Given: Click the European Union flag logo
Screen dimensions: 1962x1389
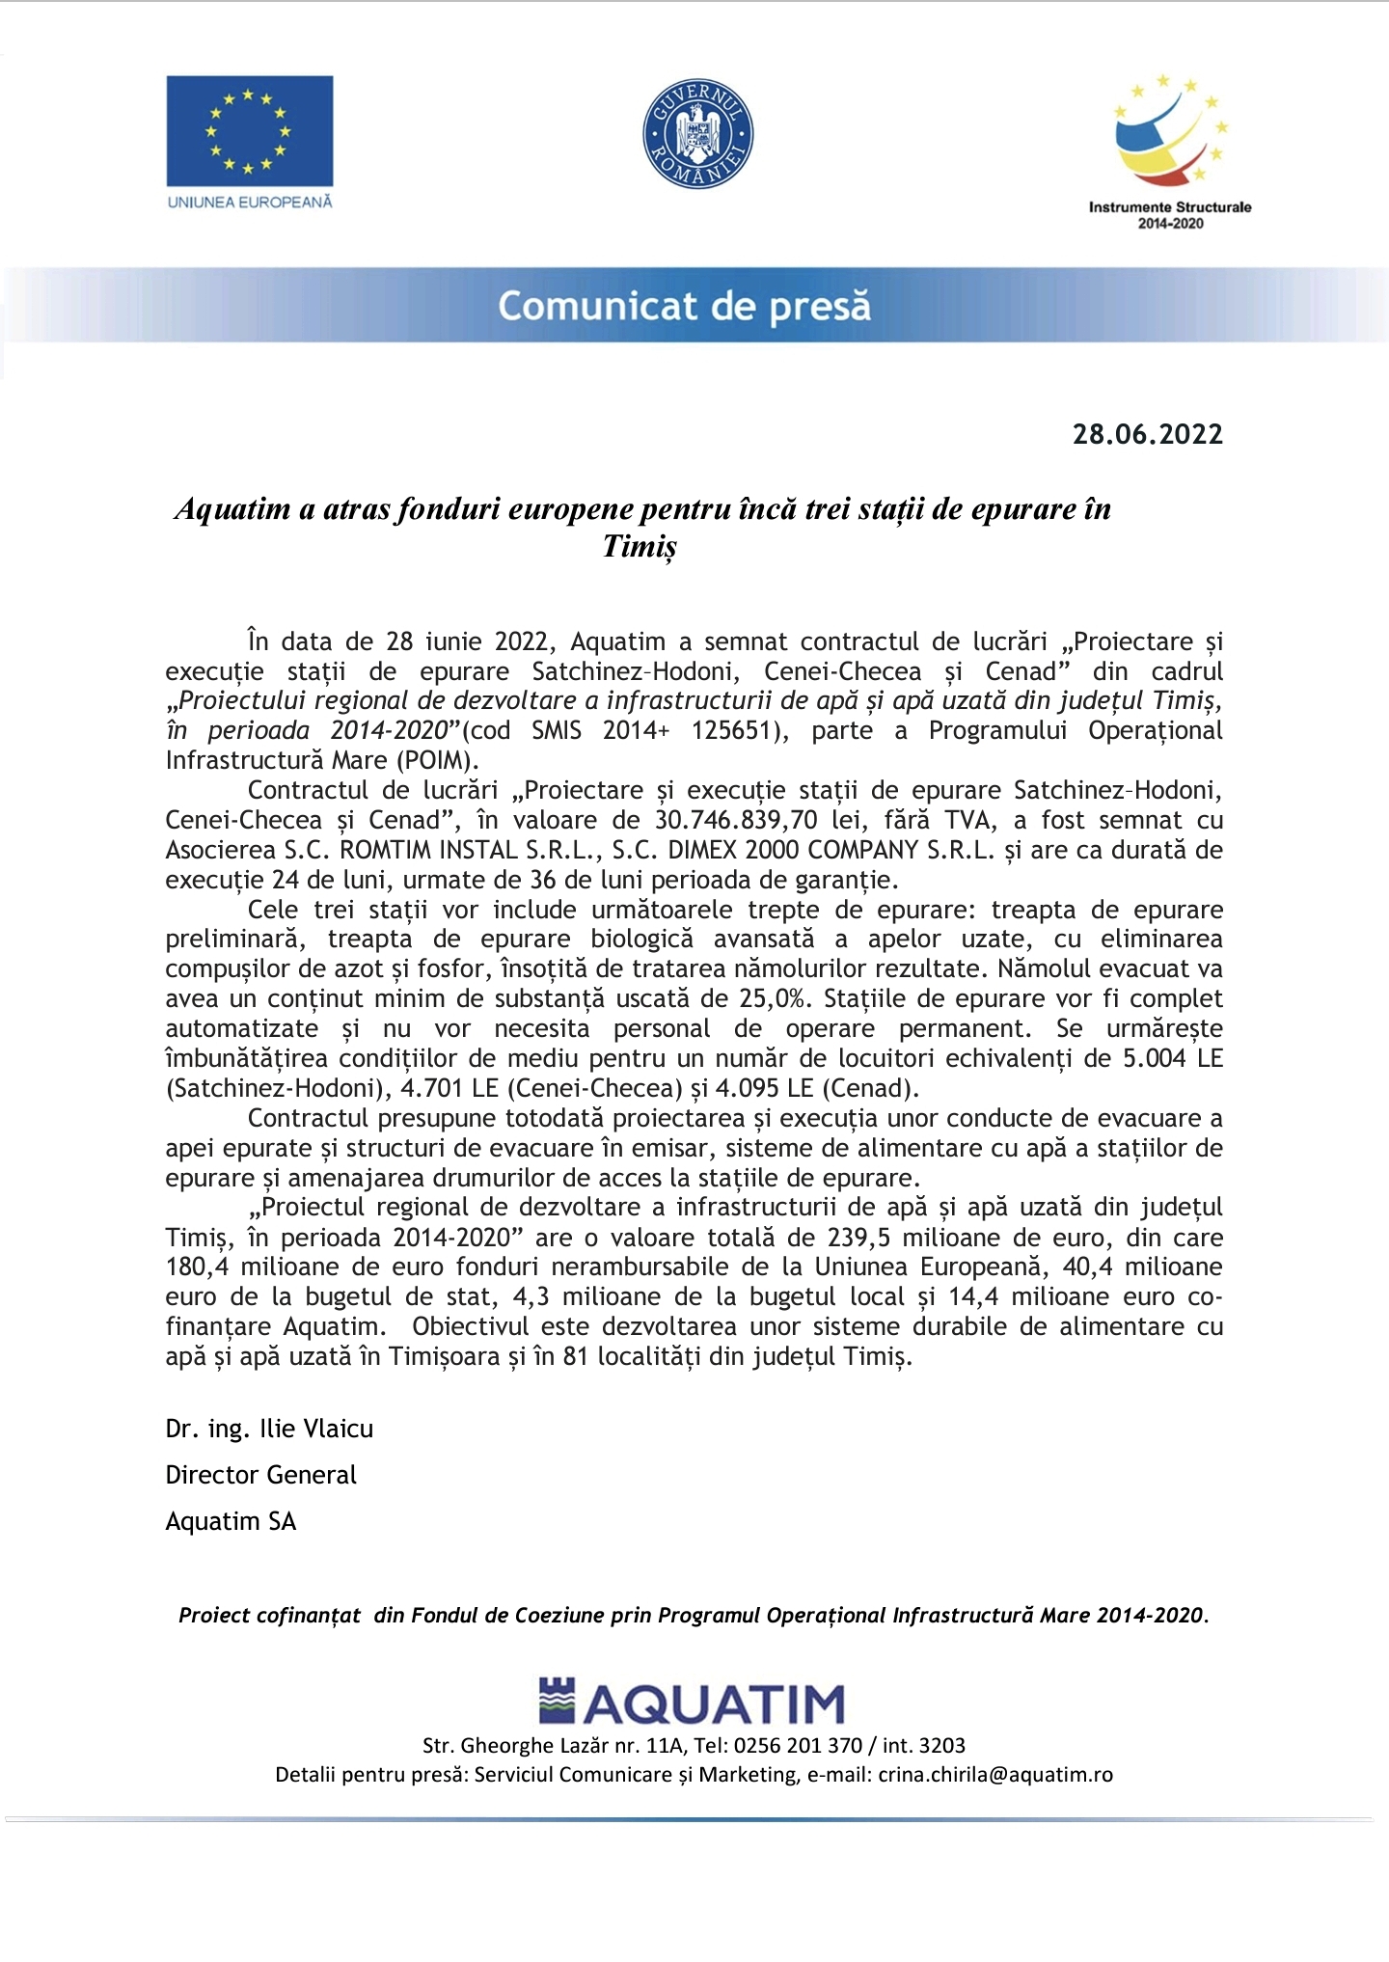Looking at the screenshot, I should (x=249, y=131).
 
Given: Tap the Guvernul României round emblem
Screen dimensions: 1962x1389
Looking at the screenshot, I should (x=697, y=134).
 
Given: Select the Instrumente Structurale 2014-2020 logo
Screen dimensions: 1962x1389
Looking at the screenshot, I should (x=1169, y=150).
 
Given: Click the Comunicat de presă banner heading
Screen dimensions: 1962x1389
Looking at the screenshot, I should (x=684, y=306).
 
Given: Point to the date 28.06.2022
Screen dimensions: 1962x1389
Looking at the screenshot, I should (x=1147, y=434).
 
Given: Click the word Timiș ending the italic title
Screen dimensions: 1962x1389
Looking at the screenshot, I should (x=640, y=547).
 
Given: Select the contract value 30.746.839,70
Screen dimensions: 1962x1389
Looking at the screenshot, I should (x=736, y=821).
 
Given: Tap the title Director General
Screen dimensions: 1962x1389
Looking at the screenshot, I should (x=260, y=1475).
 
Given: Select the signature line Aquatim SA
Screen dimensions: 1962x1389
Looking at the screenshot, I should (x=231, y=1521).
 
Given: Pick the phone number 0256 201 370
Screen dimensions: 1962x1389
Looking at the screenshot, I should (x=798, y=1745).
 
